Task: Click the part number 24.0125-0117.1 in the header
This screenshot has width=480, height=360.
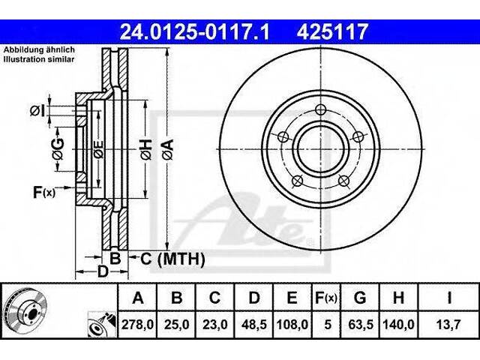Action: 195,31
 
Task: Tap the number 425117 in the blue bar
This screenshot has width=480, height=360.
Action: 331,31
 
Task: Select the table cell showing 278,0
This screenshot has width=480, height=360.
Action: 137,325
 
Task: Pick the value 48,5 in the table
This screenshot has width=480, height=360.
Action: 253,325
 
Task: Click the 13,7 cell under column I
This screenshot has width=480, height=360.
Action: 448,325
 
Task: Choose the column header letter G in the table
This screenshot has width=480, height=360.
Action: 360,297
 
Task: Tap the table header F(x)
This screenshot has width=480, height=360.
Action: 326,298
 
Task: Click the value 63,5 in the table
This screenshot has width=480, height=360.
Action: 361,325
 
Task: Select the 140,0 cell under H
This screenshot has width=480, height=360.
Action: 398,325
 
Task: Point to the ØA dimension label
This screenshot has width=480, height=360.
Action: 168,149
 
